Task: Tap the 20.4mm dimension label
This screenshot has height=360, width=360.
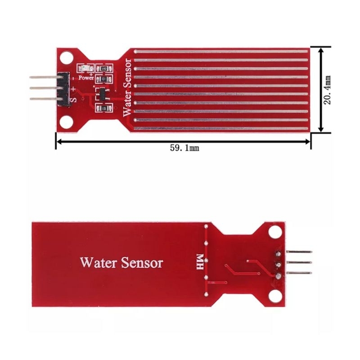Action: (x=328, y=90)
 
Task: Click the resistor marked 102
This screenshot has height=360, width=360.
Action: (x=104, y=68)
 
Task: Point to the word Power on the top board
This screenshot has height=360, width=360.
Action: (x=86, y=77)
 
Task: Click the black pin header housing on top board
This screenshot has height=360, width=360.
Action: (x=63, y=89)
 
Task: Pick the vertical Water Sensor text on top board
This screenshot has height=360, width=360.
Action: (x=127, y=88)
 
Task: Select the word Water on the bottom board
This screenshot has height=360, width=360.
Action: (x=99, y=262)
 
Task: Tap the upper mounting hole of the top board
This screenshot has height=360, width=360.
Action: (x=67, y=57)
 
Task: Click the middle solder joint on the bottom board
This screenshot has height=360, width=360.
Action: (x=277, y=264)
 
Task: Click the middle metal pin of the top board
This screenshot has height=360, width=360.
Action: (x=43, y=89)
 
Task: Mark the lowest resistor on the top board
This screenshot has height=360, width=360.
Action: (x=104, y=108)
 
